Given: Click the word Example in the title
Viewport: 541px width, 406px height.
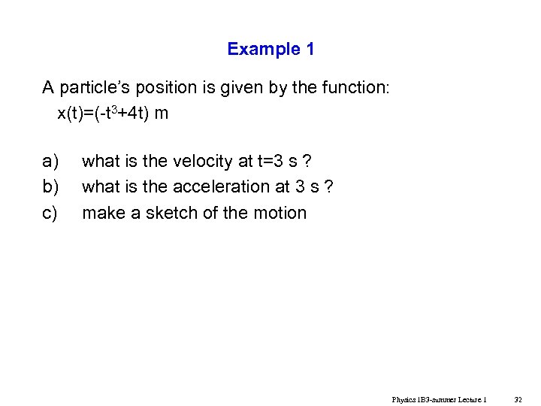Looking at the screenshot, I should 264,50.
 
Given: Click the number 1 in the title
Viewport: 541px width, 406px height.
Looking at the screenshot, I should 310,50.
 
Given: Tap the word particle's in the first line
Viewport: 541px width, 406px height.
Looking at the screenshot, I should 94,89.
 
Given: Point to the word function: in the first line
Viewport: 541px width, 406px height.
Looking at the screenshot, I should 355,89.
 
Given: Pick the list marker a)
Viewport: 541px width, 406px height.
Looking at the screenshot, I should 50,161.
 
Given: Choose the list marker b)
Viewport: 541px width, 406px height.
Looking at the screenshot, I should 50,186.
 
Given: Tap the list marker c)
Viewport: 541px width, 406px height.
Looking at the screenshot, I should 50,213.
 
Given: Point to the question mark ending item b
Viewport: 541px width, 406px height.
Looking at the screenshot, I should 329,186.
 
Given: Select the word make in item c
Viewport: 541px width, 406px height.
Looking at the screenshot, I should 102,213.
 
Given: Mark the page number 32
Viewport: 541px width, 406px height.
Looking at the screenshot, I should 518,399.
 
